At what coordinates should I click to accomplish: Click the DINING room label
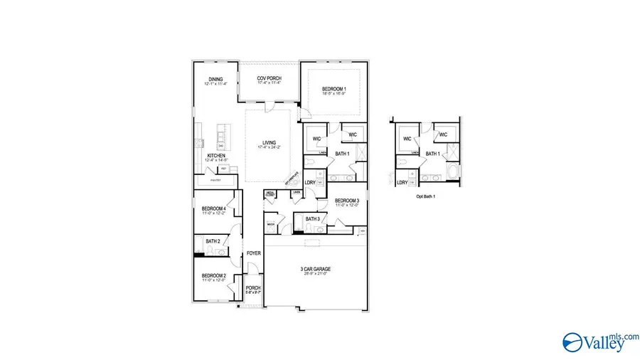pos(215,79)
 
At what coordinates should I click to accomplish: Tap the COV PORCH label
pos(270,78)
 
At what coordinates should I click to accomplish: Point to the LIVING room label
pos(269,142)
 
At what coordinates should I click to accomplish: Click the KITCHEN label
pos(216,155)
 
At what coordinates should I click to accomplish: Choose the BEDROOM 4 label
pos(213,208)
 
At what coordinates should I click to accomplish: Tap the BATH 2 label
pos(213,241)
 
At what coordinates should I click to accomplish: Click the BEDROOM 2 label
pos(213,275)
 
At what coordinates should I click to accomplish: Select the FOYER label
pos(253,253)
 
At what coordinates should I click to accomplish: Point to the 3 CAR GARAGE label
pos(315,269)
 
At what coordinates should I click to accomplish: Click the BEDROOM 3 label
pos(347,201)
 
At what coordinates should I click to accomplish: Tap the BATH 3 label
pos(312,218)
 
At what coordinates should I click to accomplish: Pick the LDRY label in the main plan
pos(310,181)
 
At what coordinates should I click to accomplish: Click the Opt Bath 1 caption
pos(426,196)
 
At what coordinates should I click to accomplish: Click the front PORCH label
pos(253,288)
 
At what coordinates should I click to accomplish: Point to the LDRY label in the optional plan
pos(402,182)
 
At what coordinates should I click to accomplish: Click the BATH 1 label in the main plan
pos(342,154)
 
